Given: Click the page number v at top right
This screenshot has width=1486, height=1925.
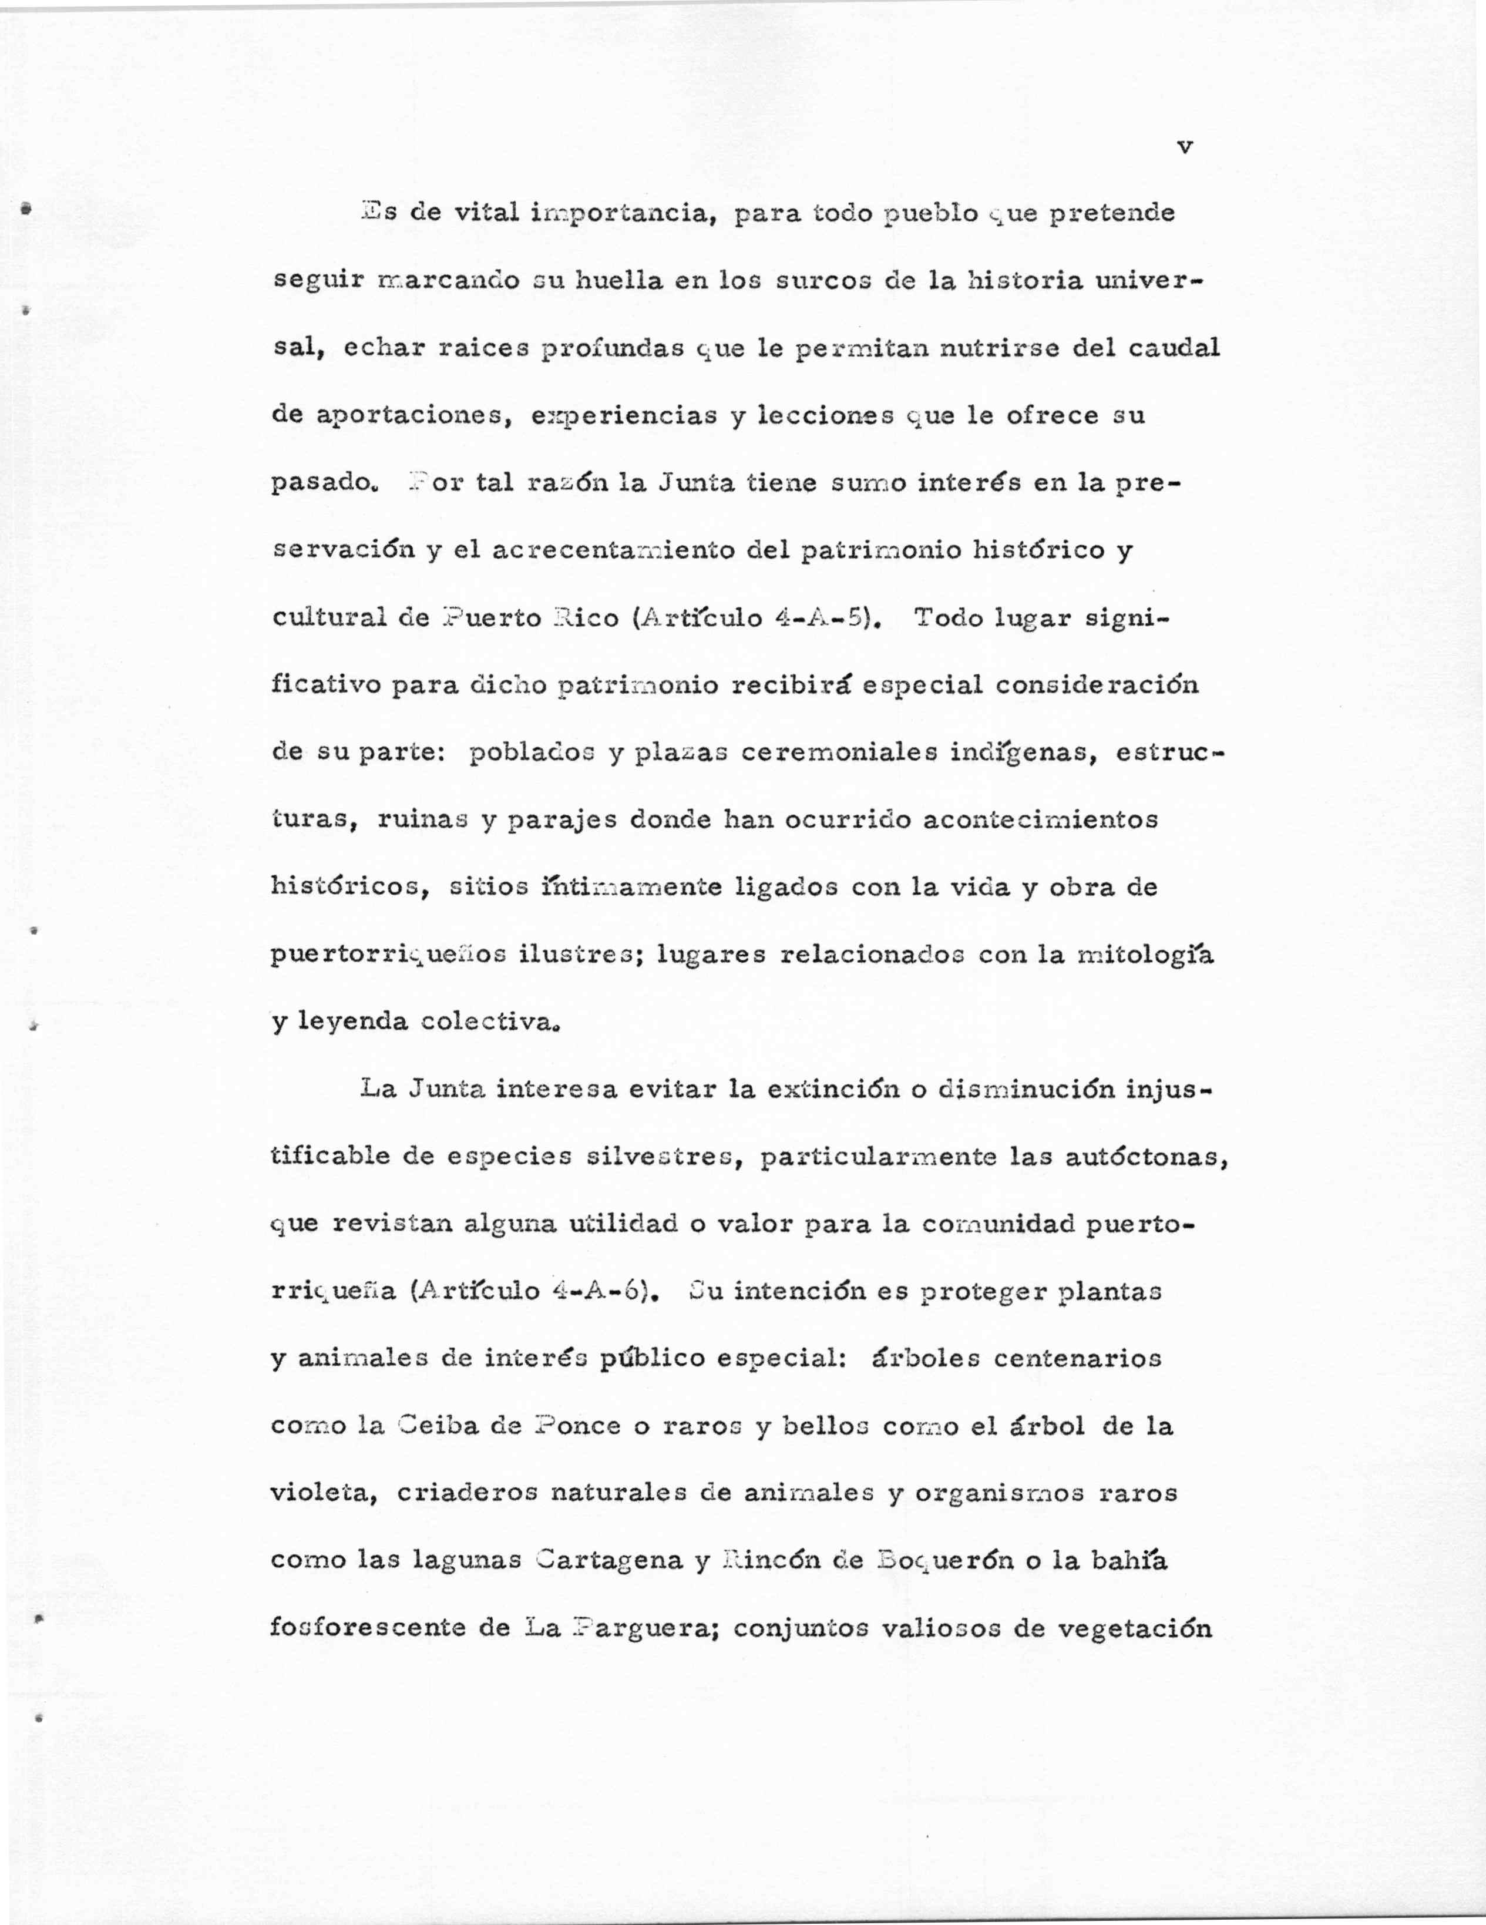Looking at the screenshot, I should pyautogui.click(x=1185, y=148).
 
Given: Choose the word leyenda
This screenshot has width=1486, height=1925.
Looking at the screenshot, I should pyautogui.click(x=352, y=1023).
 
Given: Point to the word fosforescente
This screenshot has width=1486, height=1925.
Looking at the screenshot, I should pyautogui.click(x=364, y=1628).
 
